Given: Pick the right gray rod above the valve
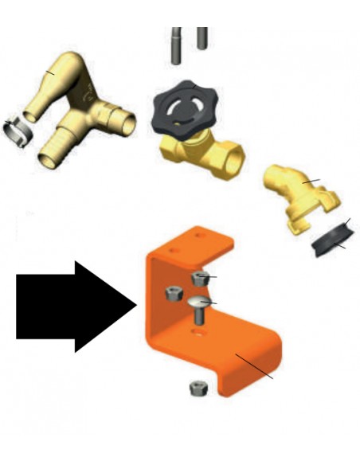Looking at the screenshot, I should click(202, 37).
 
